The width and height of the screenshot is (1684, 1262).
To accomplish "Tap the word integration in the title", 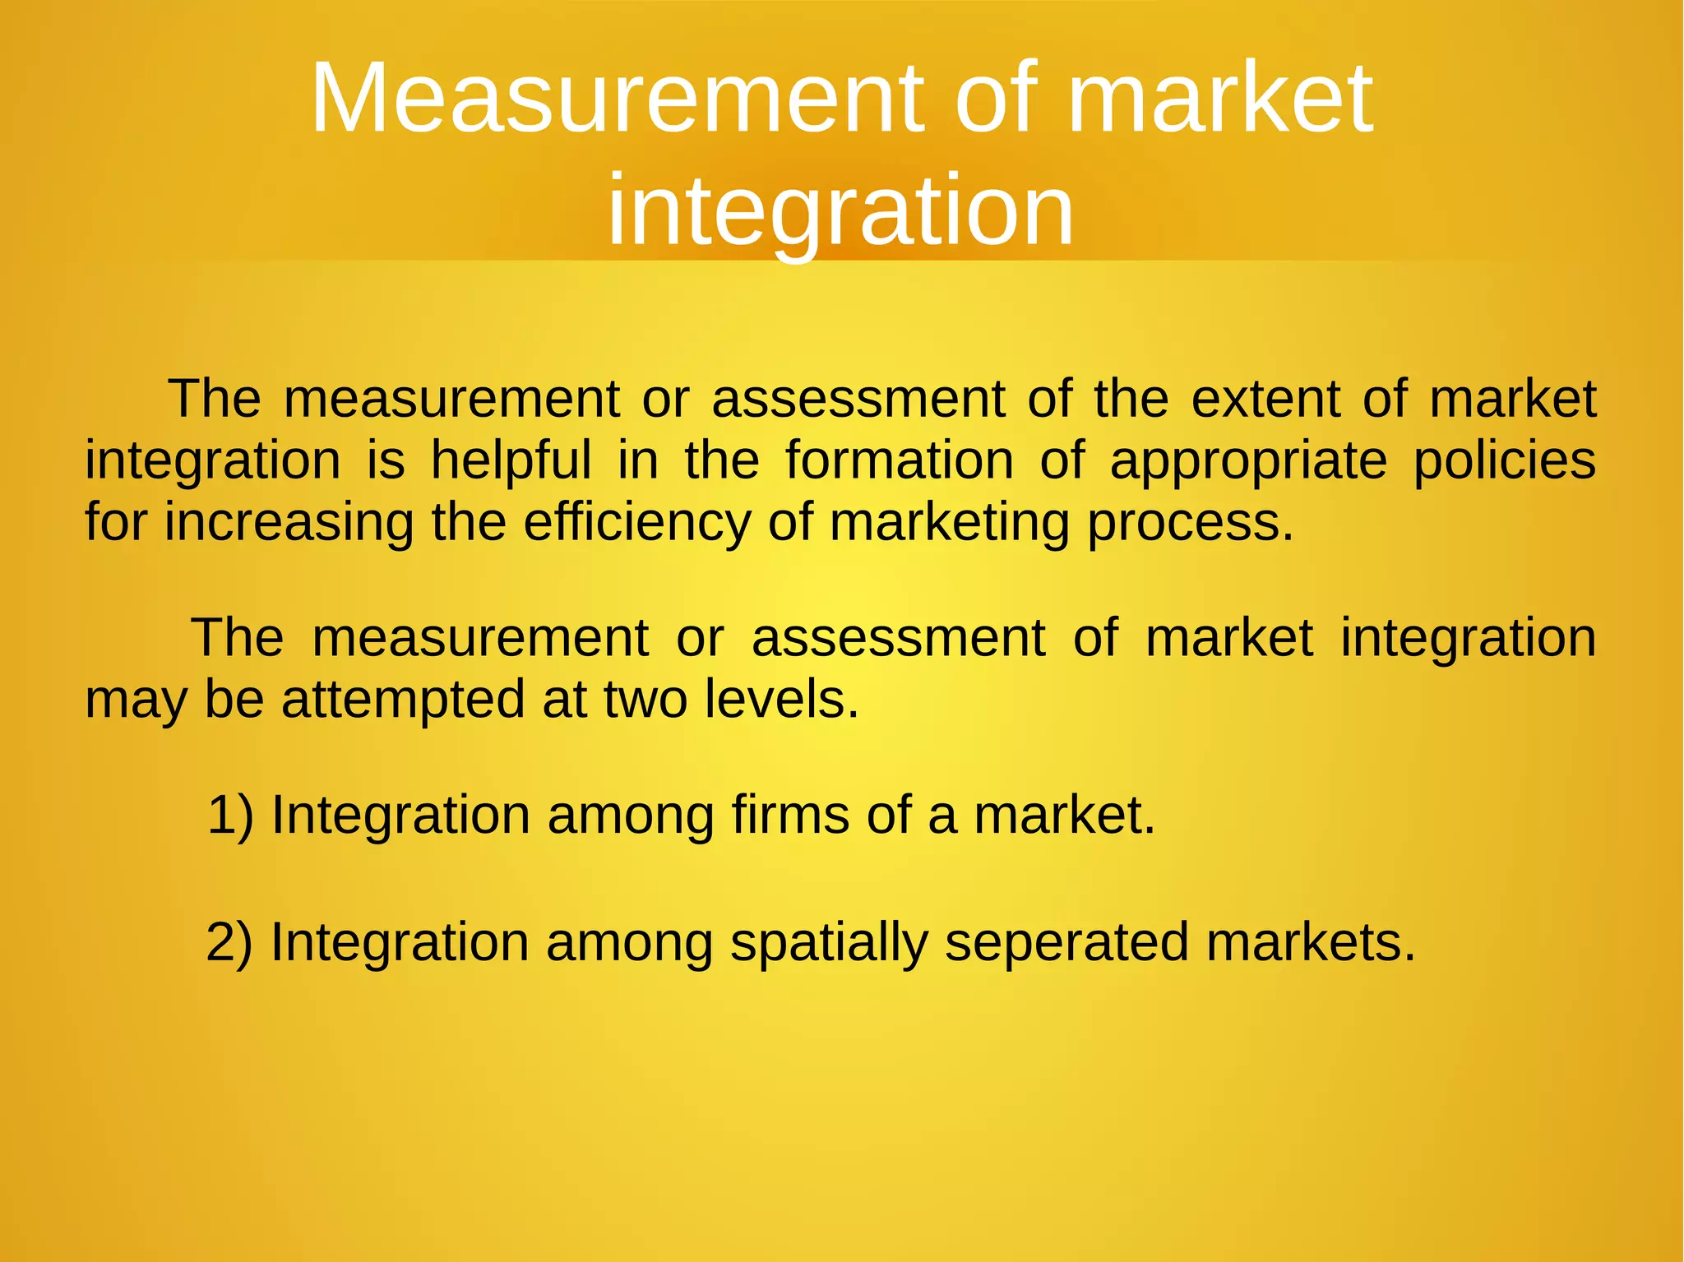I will pyautogui.click(x=840, y=210).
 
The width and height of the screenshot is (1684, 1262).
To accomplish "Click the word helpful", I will pyautogui.click(x=511, y=460).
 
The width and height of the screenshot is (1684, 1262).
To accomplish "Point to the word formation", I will pyautogui.click(x=900, y=460).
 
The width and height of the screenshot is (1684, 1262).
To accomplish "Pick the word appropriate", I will pyautogui.click(x=1248, y=462).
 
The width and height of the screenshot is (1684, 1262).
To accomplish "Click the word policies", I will pyautogui.click(x=1505, y=460).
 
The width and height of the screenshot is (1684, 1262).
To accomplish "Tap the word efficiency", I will pyautogui.click(x=637, y=523).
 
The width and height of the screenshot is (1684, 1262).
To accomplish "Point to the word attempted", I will pyautogui.click(x=404, y=700).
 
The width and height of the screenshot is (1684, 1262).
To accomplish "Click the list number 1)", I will pyautogui.click(x=230, y=816).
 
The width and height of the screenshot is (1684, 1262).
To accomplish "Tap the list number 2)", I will pyautogui.click(x=229, y=942).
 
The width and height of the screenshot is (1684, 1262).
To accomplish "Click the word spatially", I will pyautogui.click(x=829, y=943).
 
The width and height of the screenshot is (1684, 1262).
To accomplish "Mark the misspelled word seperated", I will pyautogui.click(x=1066, y=943).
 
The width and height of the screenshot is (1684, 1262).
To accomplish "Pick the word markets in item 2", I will pyautogui.click(x=1311, y=942).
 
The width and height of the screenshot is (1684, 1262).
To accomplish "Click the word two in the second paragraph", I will pyautogui.click(x=645, y=700).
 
